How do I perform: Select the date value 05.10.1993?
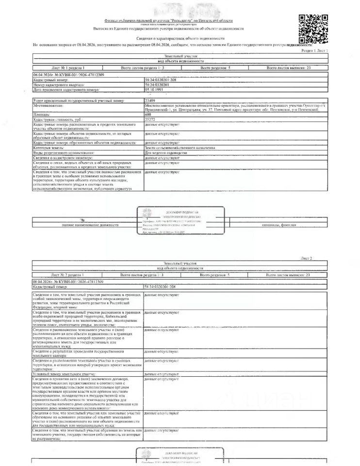pos(153,90)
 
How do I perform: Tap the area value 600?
pos(148,114)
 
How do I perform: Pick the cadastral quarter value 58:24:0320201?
pos(158,85)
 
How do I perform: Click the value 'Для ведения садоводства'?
pos(165,152)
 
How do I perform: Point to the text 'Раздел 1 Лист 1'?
pos(315,50)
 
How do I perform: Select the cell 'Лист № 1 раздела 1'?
pos(67,68)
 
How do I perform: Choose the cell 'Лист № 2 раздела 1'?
pos(67,275)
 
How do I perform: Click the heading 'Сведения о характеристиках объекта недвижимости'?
pos(180,38)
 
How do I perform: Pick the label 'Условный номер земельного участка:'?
pos(63,375)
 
